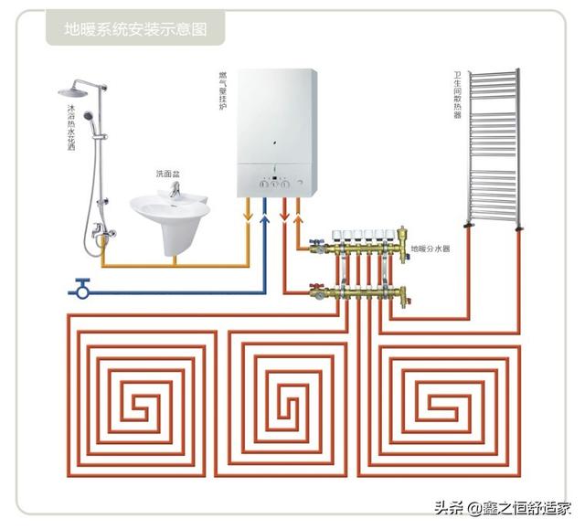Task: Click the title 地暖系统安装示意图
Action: [134, 29]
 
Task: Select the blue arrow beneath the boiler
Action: [265, 212]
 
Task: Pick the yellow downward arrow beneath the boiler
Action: [248, 213]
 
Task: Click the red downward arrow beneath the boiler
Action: [284, 214]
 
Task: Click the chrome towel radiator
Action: [493, 146]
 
